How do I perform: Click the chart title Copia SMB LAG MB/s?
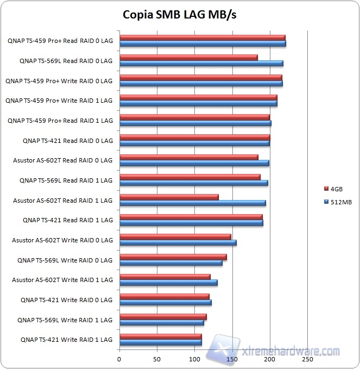[x=179, y=14]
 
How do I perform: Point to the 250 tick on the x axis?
[x=307, y=359]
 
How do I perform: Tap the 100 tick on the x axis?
[x=194, y=359]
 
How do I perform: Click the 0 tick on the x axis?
[x=119, y=359]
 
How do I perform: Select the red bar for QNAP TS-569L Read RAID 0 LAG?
[x=188, y=57]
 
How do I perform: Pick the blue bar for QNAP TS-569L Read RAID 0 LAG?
[x=201, y=64]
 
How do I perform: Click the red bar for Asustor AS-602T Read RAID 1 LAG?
[x=169, y=197]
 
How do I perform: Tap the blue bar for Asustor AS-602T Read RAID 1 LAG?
[x=193, y=203]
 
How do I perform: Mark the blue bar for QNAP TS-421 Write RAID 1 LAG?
[x=160, y=342]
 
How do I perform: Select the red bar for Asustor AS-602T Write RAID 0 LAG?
[x=175, y=236]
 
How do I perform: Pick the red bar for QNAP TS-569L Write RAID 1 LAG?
[x=163, y=316]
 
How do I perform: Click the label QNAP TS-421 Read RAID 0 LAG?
[x=68, y=141]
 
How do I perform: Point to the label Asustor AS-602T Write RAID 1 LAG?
[x=62, y=280]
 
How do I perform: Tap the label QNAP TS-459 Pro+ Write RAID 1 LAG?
[x=59, y=101]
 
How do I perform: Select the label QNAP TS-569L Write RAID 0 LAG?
[x=65, y=260]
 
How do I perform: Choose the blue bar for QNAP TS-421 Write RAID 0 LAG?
[x=165, y=303]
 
